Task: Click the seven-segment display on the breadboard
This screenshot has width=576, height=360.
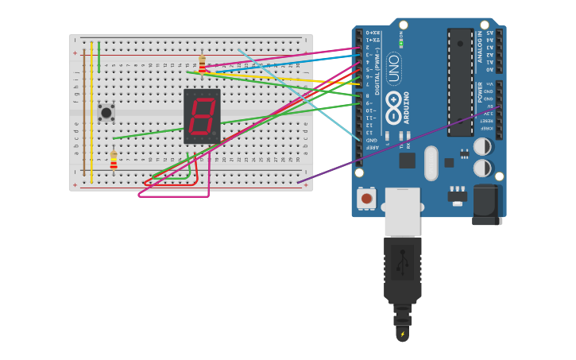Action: click(202, 116)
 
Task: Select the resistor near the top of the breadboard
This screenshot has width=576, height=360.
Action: click(202, 63)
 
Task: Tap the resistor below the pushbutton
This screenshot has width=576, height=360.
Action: click(114, 160)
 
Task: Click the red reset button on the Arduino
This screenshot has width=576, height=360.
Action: click(366, 198)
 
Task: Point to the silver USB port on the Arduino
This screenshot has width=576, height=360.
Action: click(402, 211)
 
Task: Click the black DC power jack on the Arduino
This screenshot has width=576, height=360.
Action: click(487, 204)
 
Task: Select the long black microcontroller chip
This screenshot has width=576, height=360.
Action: click(460, 82)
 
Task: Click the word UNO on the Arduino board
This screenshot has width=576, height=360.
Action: click(394, 68)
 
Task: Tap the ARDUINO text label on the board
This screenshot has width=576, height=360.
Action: click(406, 107)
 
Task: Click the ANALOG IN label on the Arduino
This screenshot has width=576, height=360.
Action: click(479, 48)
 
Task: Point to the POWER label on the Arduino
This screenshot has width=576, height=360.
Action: click(479, 92)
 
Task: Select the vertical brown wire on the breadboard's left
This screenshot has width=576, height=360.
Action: click(84, 111)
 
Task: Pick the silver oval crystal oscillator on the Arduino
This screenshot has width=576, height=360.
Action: click(431, 163)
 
